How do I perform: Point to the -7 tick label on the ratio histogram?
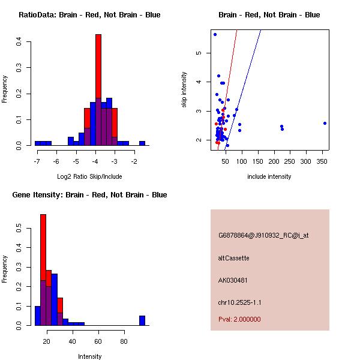click(x=37, y=162)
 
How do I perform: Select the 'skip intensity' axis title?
click(x=184, y=90)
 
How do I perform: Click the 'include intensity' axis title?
click(x=269, y=177)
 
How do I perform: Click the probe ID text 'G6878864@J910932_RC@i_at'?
click(x=263, y=236)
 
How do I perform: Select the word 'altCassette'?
click(x=234, y=258)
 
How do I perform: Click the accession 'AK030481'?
click(x=233, y=280)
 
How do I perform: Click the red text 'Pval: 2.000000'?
click(x=239, y=319)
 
